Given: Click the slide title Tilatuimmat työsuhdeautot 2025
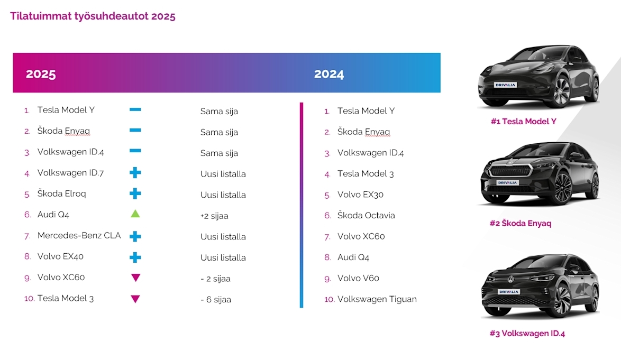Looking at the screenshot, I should click(x=93, y=16).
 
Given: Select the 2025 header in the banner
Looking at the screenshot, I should click(x=41, y=74).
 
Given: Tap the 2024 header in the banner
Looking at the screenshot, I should click(x=329, y=74).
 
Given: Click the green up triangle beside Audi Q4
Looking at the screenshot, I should click(x=135, y=214).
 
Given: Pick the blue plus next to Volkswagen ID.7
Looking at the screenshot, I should click(x=135, y=173).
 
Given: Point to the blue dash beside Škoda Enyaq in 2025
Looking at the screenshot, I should click(x=135, y=131).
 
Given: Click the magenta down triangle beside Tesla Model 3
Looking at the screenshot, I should click(x=135, y=299).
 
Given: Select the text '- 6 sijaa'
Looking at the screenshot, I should click(x=216, y=300).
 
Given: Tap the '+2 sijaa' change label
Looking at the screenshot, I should click(x=214, y=216).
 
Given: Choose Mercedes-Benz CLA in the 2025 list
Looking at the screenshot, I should click(x=79, y=235).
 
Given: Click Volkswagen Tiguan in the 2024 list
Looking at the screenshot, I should click(x=377, y=299).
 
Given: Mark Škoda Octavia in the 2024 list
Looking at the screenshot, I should click(x=366, y=215).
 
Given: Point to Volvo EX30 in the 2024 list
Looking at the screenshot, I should click(x=360, y=195).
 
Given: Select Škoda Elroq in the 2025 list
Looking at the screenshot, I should click(x=61, y=193).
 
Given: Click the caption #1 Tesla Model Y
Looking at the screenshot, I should click(x=523, y=122).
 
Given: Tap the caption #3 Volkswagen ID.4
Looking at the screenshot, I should click(x=527, y=334).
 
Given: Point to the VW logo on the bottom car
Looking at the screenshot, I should click(x=511, y=279).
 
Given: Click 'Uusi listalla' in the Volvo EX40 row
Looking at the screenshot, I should click(x=223, y=258).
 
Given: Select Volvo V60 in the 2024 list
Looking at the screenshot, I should click(x=358, y=278).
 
